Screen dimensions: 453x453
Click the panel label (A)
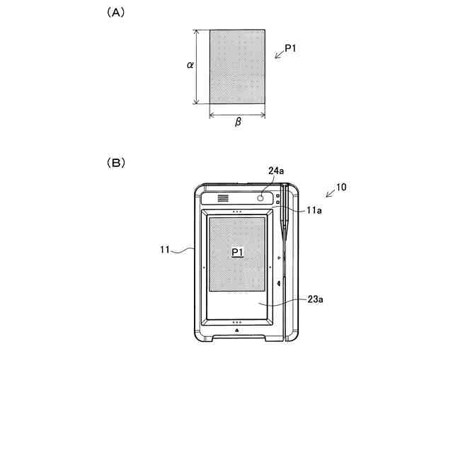click(x=115, y=13)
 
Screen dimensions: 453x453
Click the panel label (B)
click(x=115, y=162)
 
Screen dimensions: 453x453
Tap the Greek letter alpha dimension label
click(x=190, y=65)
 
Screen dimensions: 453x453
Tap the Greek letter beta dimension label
click(x=238, y=122)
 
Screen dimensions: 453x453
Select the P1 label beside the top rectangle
click(x=291, y=49)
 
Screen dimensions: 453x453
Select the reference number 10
click(x=340, y=188)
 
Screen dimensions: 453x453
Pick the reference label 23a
click(x=315, y=300)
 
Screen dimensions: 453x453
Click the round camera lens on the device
click(x=260, y=199)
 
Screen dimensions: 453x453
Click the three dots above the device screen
click(x=237, y=212)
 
